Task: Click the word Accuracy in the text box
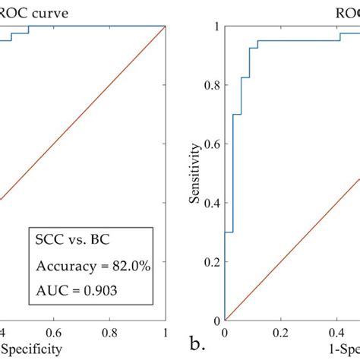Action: point(64,266)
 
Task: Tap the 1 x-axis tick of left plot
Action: point(165,333)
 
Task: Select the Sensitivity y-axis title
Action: point(196,172)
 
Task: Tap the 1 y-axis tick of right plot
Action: point(216,26)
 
